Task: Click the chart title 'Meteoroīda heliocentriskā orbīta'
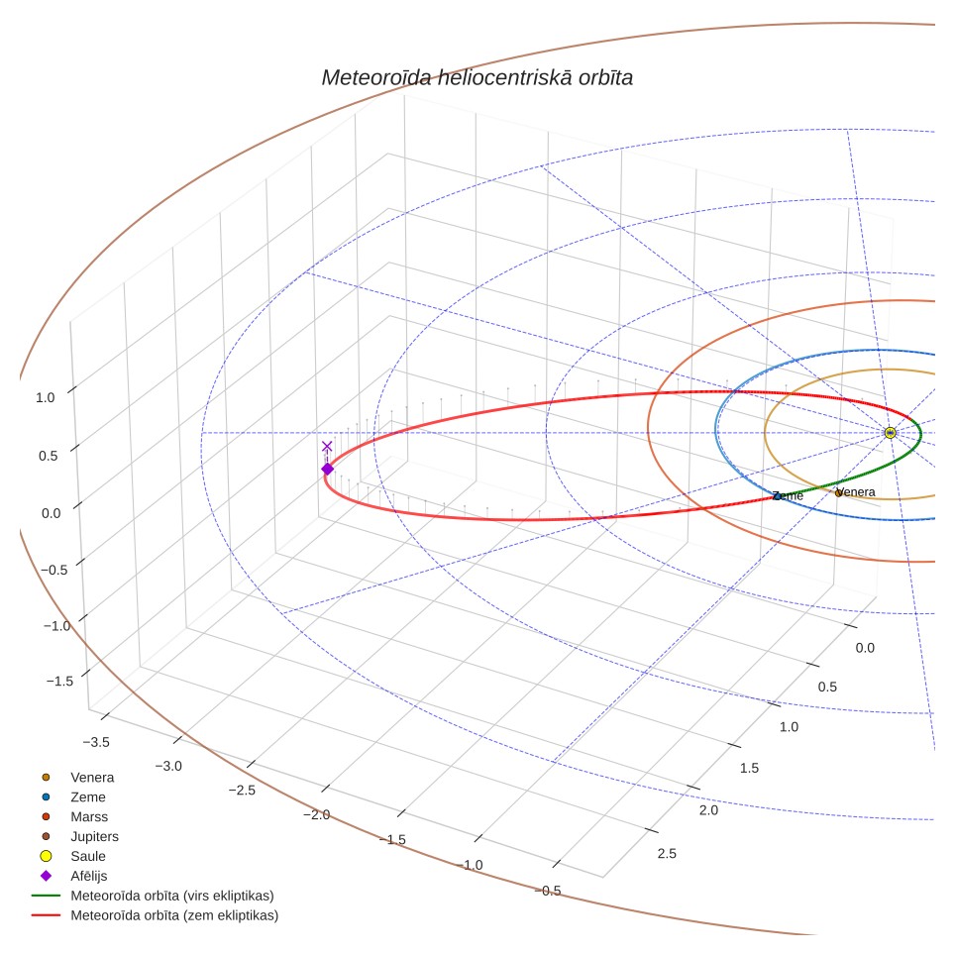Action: pyautogui.click(x=477, y=78)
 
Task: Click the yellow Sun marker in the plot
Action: pyautogui.click(x=890, y=433)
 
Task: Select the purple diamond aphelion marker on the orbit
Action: pyautogui.click(x=328, y=469)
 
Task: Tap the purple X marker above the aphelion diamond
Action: pyautogui.click(x=327, y=447)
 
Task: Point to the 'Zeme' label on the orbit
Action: pyautogui.click(x=789, y=495)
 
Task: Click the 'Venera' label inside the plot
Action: pyautogui.click(x=855, y=492)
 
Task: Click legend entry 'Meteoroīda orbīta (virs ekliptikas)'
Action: pyautogui.click(x=153, y=896)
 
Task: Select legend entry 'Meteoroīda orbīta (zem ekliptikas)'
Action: pyautogui.click(x=156, y=915)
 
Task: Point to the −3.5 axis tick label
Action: pyautogui.click(x=96, y=742)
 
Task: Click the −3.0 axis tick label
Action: pyautogui.click(x=168, y=766)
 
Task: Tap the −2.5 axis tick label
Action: pyautogui.click(x=242, y=790)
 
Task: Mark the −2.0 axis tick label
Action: pyautogui.click(x=317, y=814)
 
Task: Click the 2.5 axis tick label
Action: pyautogui.click(x=667, y=853)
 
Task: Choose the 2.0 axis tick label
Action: pyautogui.click(x=708, y=810)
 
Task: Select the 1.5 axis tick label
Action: pyautogui.click(x=749, y=768)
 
